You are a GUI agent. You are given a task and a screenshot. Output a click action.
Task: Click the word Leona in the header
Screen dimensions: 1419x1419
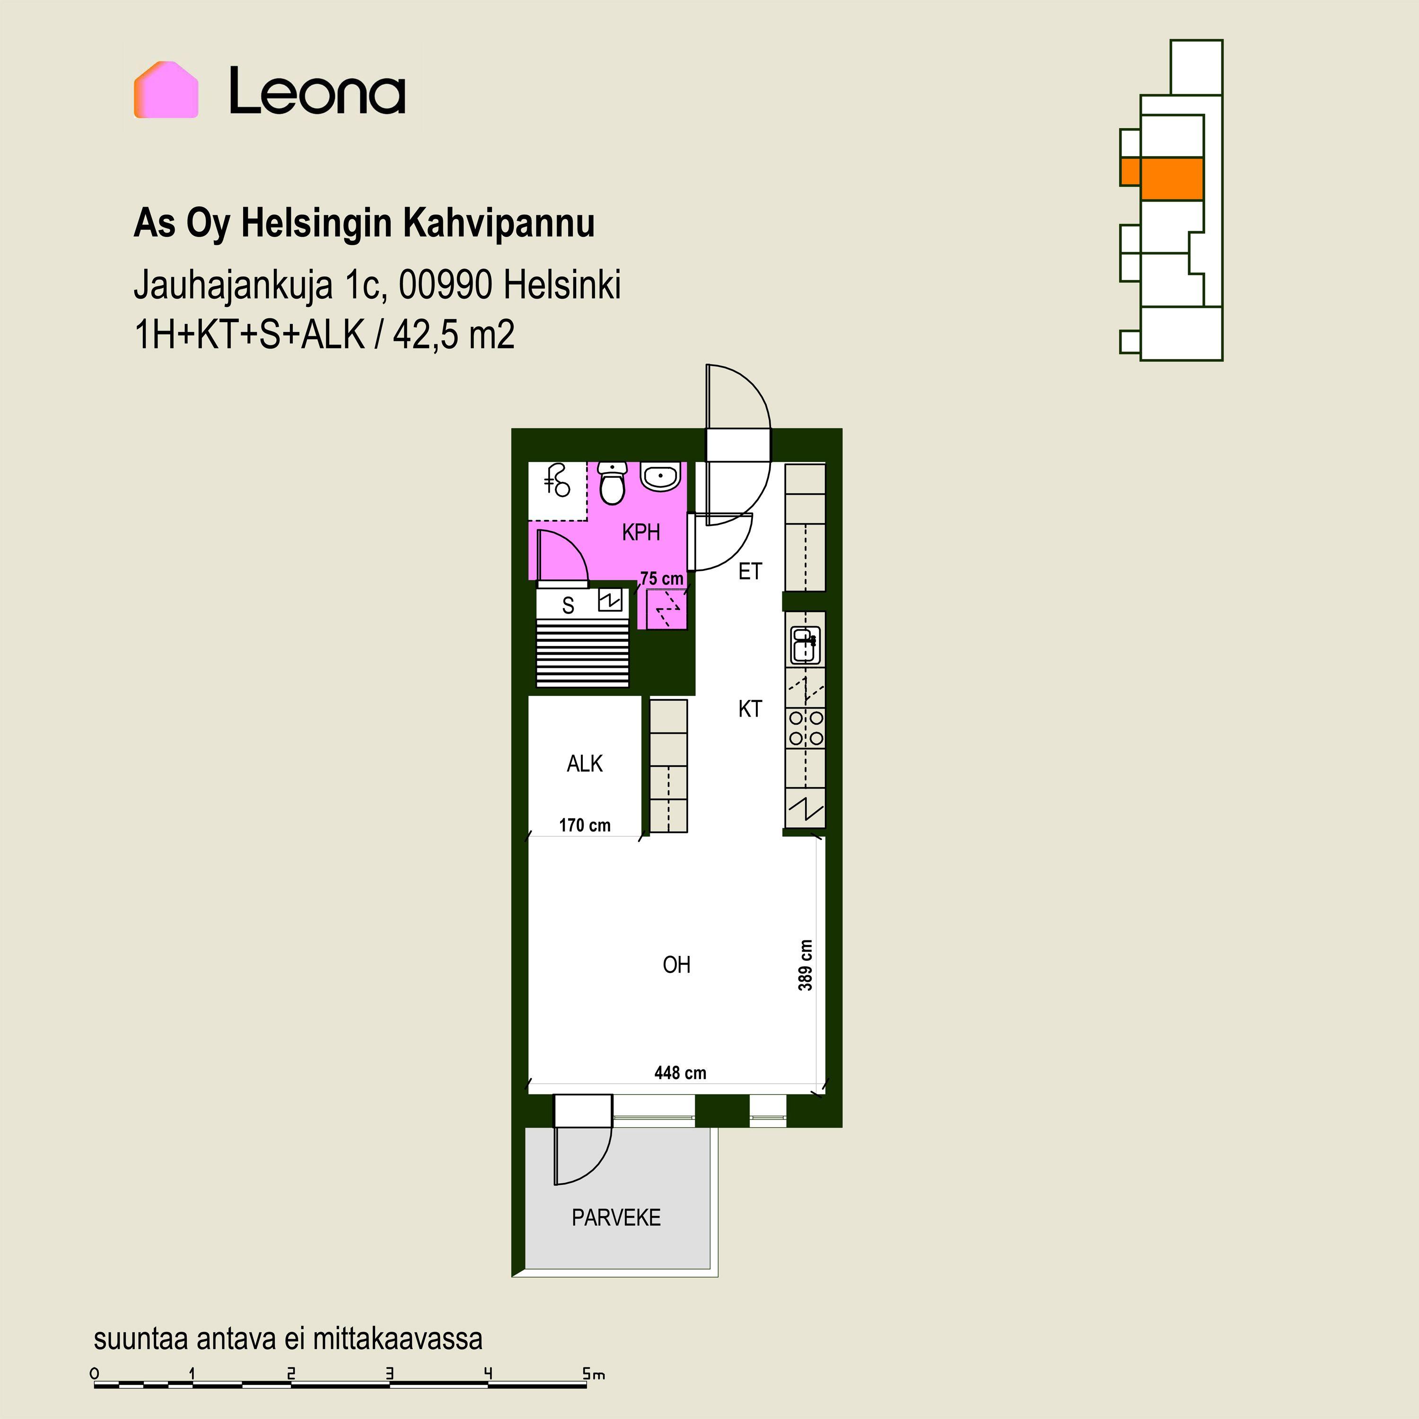317,91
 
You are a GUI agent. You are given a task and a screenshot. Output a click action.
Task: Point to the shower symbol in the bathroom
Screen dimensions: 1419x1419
558,481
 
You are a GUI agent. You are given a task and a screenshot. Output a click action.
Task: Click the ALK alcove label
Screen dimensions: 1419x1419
585,764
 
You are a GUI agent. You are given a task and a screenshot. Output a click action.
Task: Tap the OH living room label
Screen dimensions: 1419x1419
676,964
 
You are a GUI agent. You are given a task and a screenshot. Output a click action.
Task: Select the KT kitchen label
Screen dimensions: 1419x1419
750,709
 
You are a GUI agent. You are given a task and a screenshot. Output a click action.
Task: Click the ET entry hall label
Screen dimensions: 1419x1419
750,571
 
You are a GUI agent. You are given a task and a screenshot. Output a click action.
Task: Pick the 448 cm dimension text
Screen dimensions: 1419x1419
680,1073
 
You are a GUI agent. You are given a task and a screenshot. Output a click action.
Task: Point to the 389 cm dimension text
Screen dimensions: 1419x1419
806,965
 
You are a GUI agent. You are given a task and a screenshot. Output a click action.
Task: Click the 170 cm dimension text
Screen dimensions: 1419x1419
585,825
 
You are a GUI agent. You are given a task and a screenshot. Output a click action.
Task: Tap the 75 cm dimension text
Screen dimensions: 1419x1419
662,579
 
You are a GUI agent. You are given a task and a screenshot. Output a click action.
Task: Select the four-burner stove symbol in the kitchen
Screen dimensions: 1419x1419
806,728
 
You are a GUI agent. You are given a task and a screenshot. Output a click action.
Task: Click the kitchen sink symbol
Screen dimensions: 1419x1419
805,646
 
